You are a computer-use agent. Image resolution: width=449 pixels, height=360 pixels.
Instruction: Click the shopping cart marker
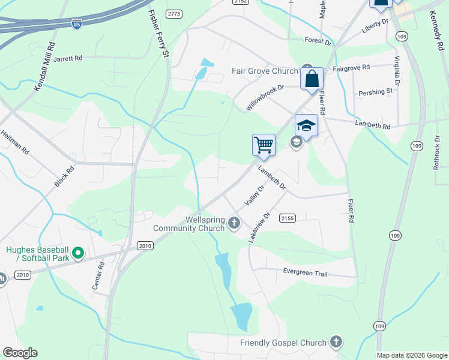264,145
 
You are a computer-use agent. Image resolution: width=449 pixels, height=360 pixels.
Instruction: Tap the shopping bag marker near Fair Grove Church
312,79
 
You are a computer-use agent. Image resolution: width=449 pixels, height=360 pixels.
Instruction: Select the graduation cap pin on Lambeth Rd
306,126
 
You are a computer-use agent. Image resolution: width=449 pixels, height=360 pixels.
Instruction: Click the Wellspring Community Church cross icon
235,224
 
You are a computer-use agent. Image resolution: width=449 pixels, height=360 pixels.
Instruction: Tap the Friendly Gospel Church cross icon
336,343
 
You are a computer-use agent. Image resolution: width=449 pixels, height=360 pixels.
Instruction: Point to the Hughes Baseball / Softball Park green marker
77,254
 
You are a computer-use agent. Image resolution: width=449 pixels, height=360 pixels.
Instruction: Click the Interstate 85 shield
76,24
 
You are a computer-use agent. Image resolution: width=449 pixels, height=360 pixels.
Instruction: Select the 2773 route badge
175,13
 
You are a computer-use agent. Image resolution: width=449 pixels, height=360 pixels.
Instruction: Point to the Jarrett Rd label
76,59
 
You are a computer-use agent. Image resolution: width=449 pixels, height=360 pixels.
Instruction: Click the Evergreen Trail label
306,272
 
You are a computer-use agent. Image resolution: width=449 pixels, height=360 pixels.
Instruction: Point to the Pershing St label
375,92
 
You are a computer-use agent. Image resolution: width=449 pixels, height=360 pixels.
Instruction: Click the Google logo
20,353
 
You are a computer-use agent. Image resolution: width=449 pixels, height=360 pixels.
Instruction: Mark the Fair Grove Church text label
265,71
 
